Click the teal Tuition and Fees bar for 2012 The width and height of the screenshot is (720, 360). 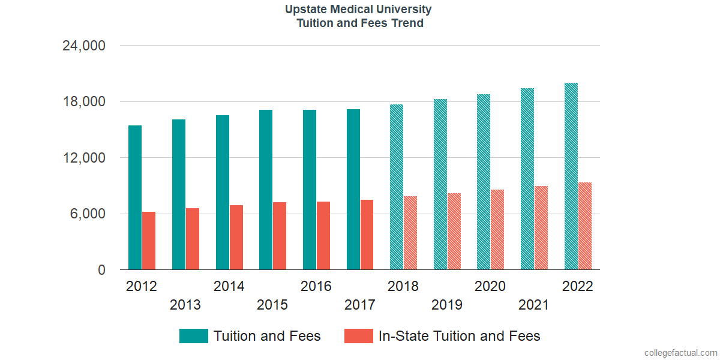(x=135, y=197)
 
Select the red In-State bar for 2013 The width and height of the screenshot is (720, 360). (x=193, y=239)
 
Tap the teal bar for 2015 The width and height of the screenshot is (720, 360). (x=266, y=190)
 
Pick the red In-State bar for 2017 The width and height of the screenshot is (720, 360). (x=367, y=235)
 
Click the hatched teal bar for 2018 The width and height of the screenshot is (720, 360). (x=397, y=187)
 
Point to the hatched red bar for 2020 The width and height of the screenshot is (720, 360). (x=497, y=230)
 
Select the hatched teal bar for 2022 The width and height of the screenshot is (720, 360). (x=571, y=176)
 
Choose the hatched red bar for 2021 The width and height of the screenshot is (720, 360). (x=541, y=228)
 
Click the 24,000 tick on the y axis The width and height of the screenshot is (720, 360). (x=84, y=46)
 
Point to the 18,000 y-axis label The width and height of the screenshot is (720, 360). (x=84, y=102)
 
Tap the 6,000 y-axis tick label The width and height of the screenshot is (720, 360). (x=88, y=214)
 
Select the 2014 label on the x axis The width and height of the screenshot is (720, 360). (x=229, y=286)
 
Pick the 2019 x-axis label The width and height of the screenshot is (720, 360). (x=447, y=305)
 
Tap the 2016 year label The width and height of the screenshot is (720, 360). (x=316, y=286)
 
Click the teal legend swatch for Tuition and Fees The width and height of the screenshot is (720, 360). (x=194, y=336)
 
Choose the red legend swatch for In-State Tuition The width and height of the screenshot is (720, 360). (x=359, y=336)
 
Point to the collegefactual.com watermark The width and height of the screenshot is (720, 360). (x=680, y=353)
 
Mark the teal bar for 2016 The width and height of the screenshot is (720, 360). (x=310, y=190)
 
